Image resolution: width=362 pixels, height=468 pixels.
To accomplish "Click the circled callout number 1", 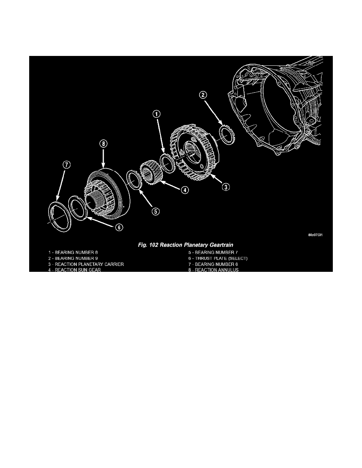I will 157,114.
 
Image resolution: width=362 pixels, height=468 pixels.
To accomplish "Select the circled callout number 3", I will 224,187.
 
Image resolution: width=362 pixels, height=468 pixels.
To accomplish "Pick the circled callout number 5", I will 156,211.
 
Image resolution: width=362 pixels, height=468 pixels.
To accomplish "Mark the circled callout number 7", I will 66,165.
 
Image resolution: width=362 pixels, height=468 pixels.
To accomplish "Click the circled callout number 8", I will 103,144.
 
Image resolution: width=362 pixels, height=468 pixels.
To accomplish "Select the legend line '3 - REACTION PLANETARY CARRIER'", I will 84,264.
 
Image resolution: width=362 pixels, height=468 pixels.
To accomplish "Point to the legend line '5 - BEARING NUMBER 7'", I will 213,253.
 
